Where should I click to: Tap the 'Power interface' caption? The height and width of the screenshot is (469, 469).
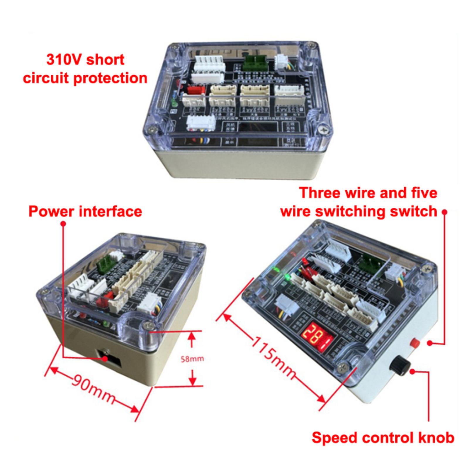(x=85, y=211)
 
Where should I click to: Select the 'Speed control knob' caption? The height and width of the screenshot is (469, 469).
(x=383, y=438)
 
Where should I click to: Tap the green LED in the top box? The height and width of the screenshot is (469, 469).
(x=173, y=103)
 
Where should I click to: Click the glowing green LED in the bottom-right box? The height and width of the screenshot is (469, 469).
(x=288, y=277)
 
